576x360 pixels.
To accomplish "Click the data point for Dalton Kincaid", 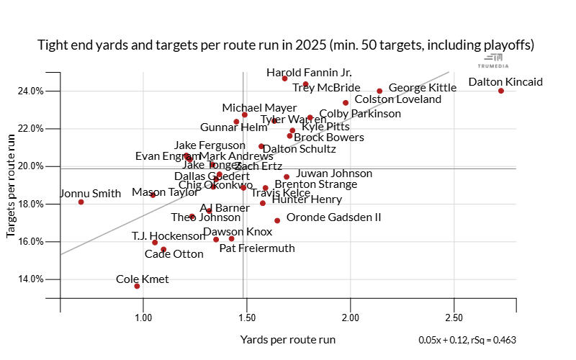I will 500,91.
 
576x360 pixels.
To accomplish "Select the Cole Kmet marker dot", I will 137,286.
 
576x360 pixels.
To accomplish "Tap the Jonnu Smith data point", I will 81,202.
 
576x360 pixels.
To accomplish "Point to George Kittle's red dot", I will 379,91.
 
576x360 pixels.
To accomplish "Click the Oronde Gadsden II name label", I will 333,217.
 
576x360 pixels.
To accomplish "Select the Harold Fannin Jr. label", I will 309,73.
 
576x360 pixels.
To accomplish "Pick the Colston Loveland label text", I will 398,99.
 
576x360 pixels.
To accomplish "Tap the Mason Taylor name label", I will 164,193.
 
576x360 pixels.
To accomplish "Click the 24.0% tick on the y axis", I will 31,91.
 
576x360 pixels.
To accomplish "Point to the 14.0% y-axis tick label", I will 31,279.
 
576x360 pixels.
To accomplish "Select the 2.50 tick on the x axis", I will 454,318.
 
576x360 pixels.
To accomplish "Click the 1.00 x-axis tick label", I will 144,318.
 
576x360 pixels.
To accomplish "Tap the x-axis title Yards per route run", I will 288,339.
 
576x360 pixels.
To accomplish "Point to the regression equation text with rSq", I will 467,340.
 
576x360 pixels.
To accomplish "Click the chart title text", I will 286,45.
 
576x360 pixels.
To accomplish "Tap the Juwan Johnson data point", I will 287,176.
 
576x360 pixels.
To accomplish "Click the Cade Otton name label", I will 174,254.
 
